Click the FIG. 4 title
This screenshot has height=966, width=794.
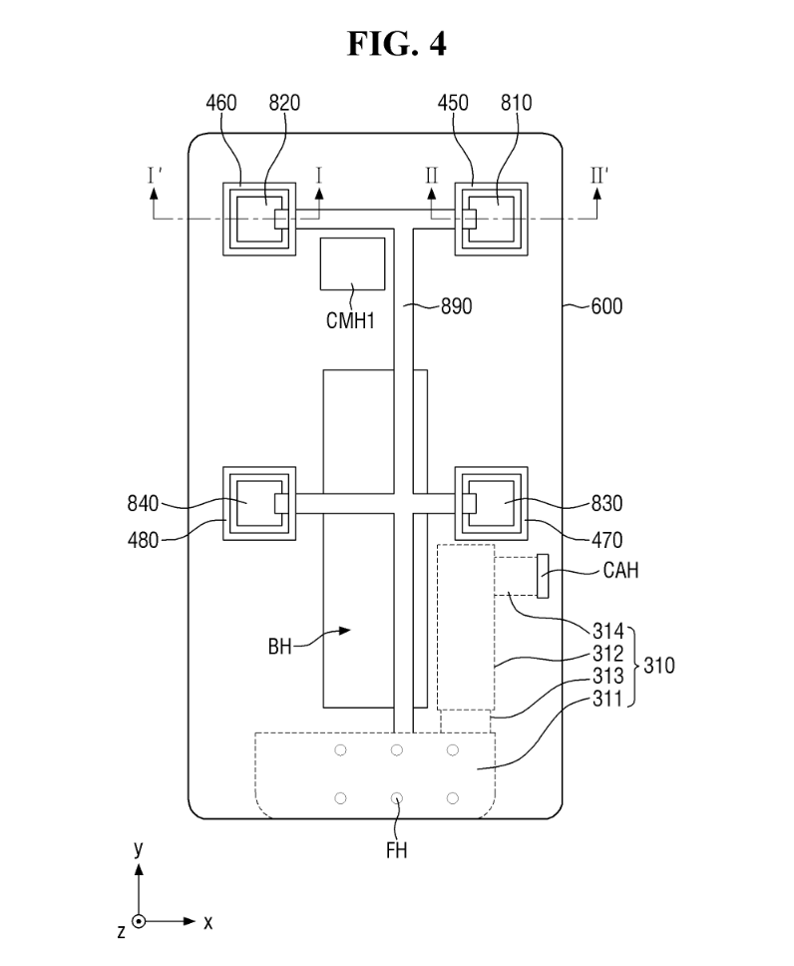(x=396, y=45)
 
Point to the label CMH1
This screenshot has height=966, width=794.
(x=350, y=320)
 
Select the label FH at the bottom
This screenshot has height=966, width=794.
(x=395, y=851)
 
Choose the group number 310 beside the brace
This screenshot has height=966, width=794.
(x=658, y=665)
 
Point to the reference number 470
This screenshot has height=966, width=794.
(x=604, y=540)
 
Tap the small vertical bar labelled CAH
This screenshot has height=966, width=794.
(x=543, y=576)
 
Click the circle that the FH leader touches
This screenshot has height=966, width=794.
(x=397, y=797)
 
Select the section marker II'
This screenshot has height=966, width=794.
(x=597, y=176)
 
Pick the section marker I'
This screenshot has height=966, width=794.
(x=155, y=176)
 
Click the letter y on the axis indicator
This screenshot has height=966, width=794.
(x=139, y=848)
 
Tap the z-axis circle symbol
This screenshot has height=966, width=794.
(x=139, y=922)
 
